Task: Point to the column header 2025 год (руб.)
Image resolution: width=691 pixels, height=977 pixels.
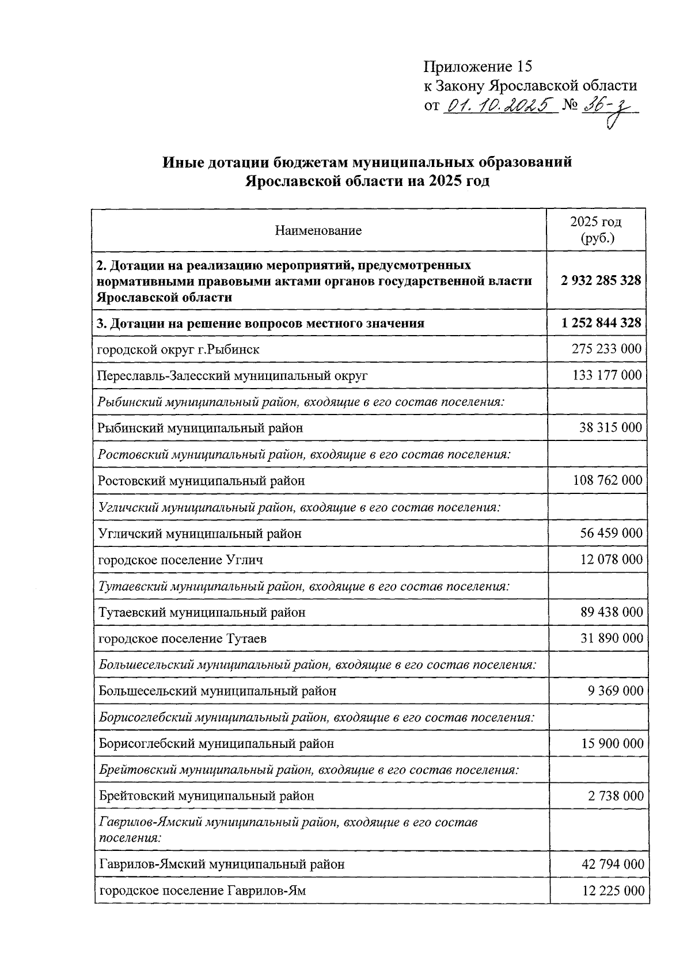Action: (595, 230)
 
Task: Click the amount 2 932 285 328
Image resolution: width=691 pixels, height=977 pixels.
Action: (600, 281)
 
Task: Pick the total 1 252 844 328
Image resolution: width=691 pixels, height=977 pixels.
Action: (601, 323)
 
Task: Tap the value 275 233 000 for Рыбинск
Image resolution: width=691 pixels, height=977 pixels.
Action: (606, 349)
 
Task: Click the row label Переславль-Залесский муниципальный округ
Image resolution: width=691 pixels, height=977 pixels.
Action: (232, 375)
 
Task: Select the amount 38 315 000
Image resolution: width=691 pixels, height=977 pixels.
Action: (610, 428)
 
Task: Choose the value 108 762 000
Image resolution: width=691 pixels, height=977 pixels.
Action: (607, 480)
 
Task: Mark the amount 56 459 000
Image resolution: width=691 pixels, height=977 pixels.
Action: (611, 533)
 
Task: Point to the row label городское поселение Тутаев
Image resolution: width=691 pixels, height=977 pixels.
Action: (183, 638)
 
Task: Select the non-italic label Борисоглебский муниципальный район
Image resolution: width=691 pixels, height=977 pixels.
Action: (216, 743)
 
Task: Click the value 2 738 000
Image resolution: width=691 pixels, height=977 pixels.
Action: (616, 796)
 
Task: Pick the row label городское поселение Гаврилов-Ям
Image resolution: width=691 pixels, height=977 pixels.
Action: (202, 891)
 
